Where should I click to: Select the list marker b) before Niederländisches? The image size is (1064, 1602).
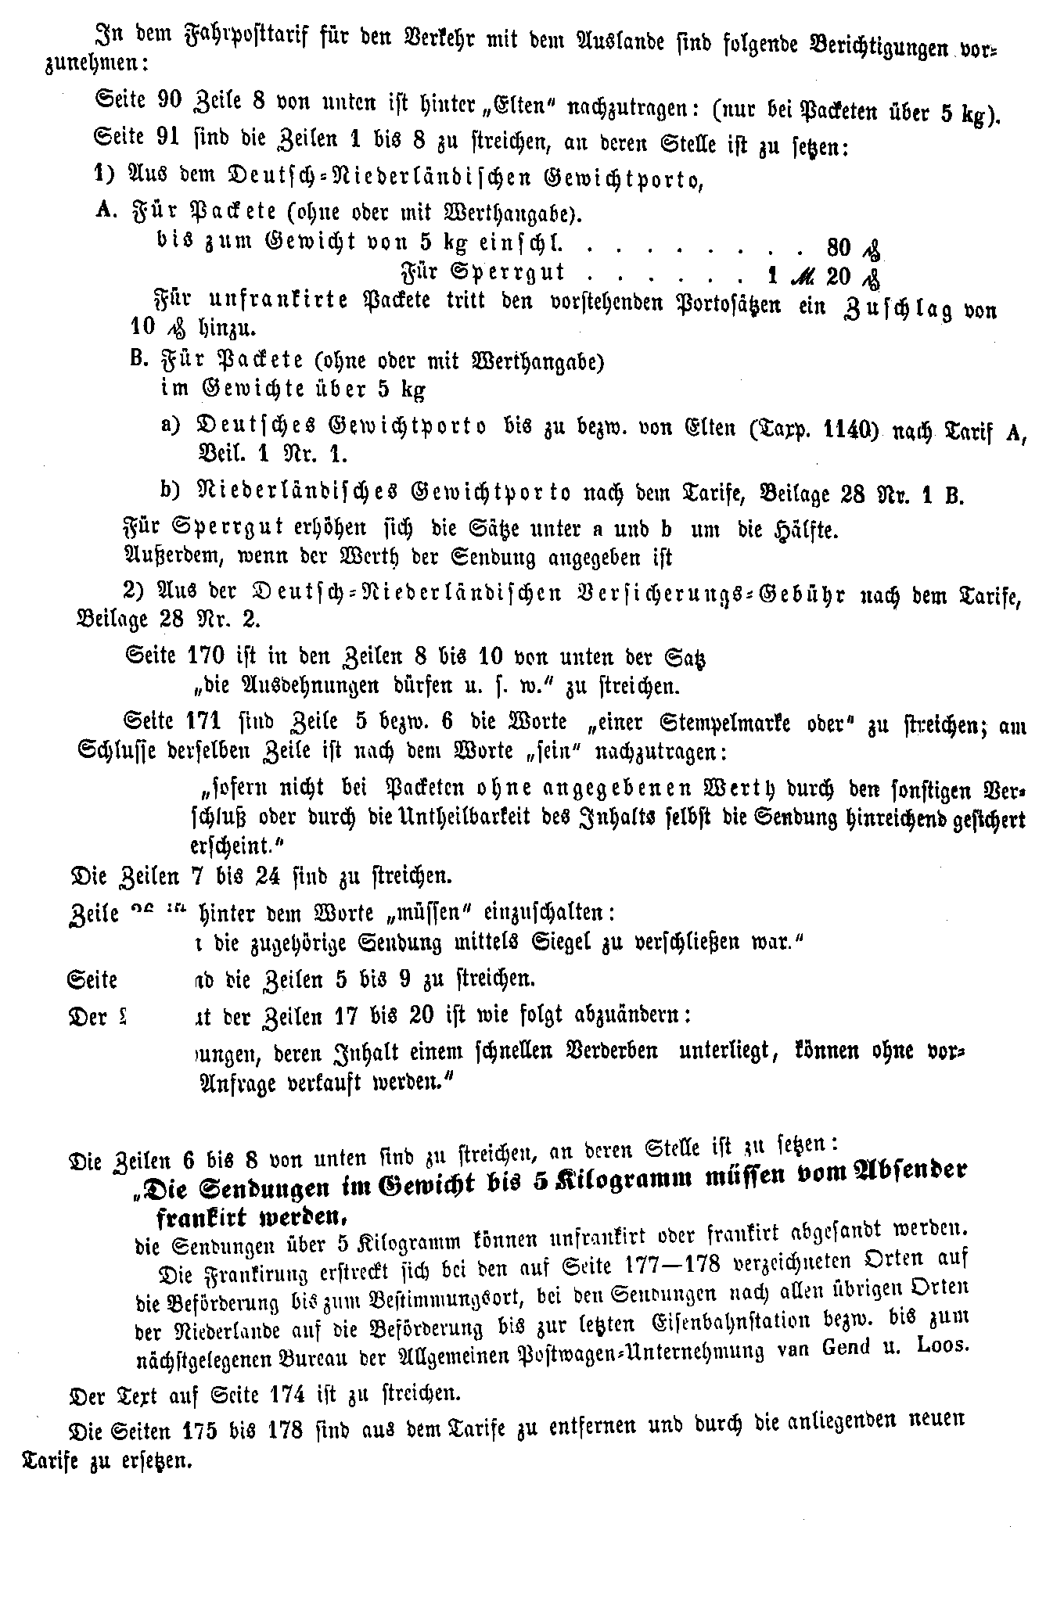(x=171, y=491)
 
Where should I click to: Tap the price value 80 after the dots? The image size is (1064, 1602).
(x=838, y=249)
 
